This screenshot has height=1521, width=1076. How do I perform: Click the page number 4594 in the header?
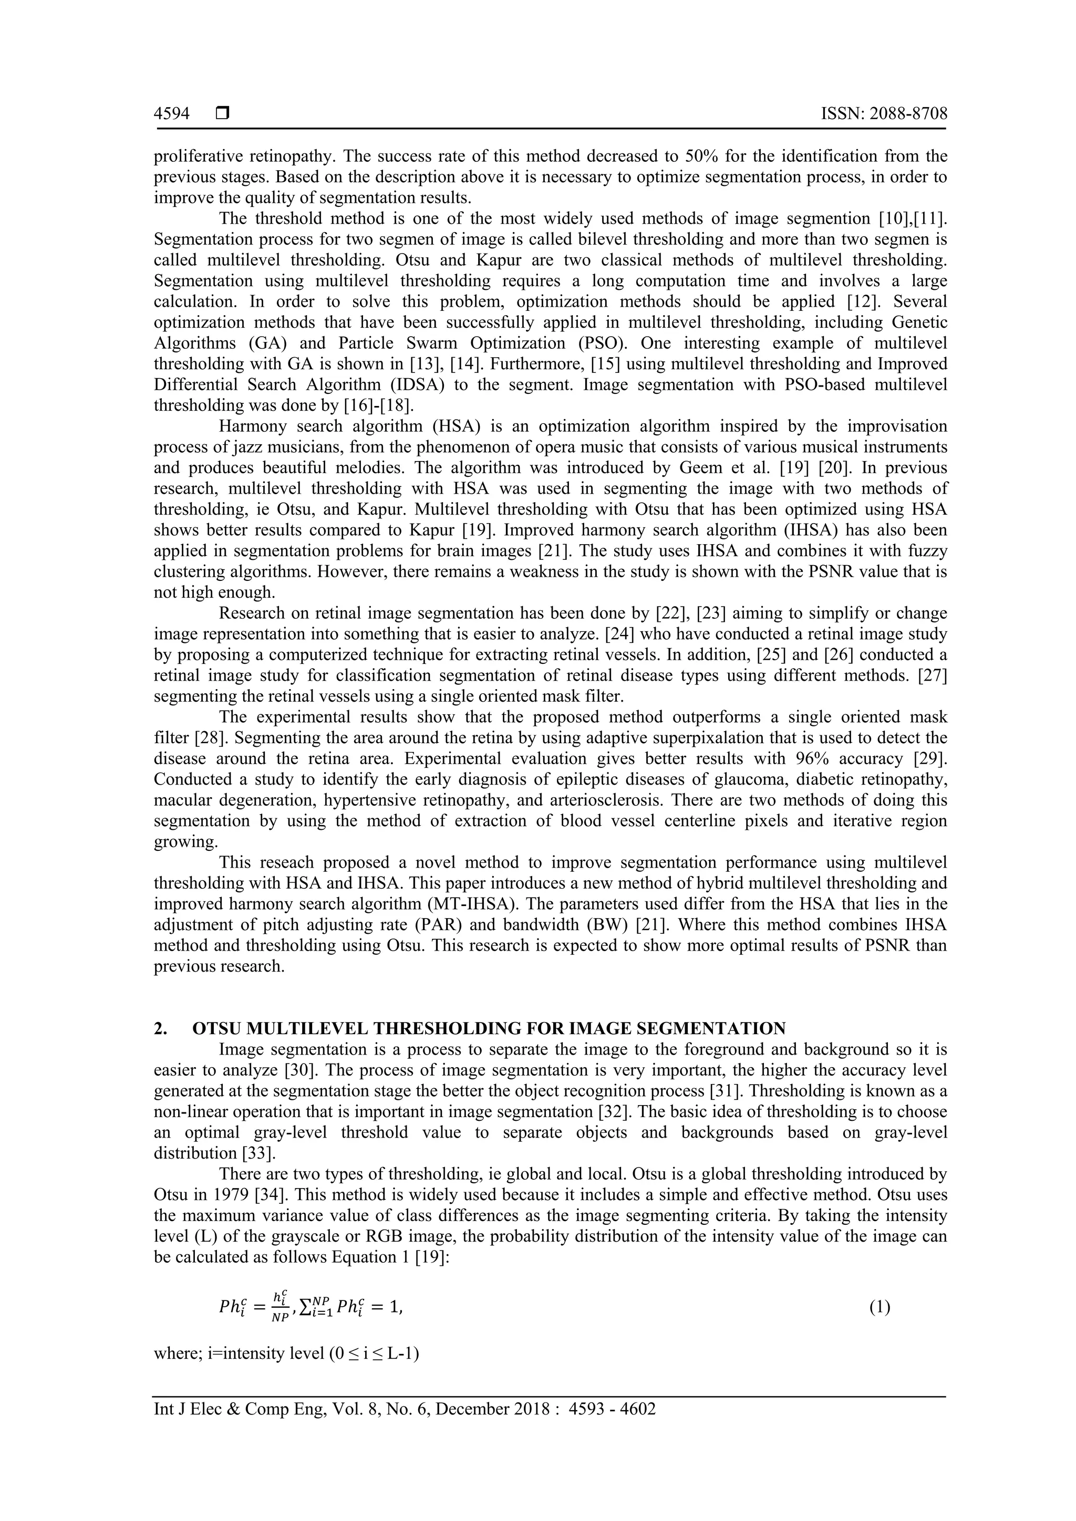[172, 114]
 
